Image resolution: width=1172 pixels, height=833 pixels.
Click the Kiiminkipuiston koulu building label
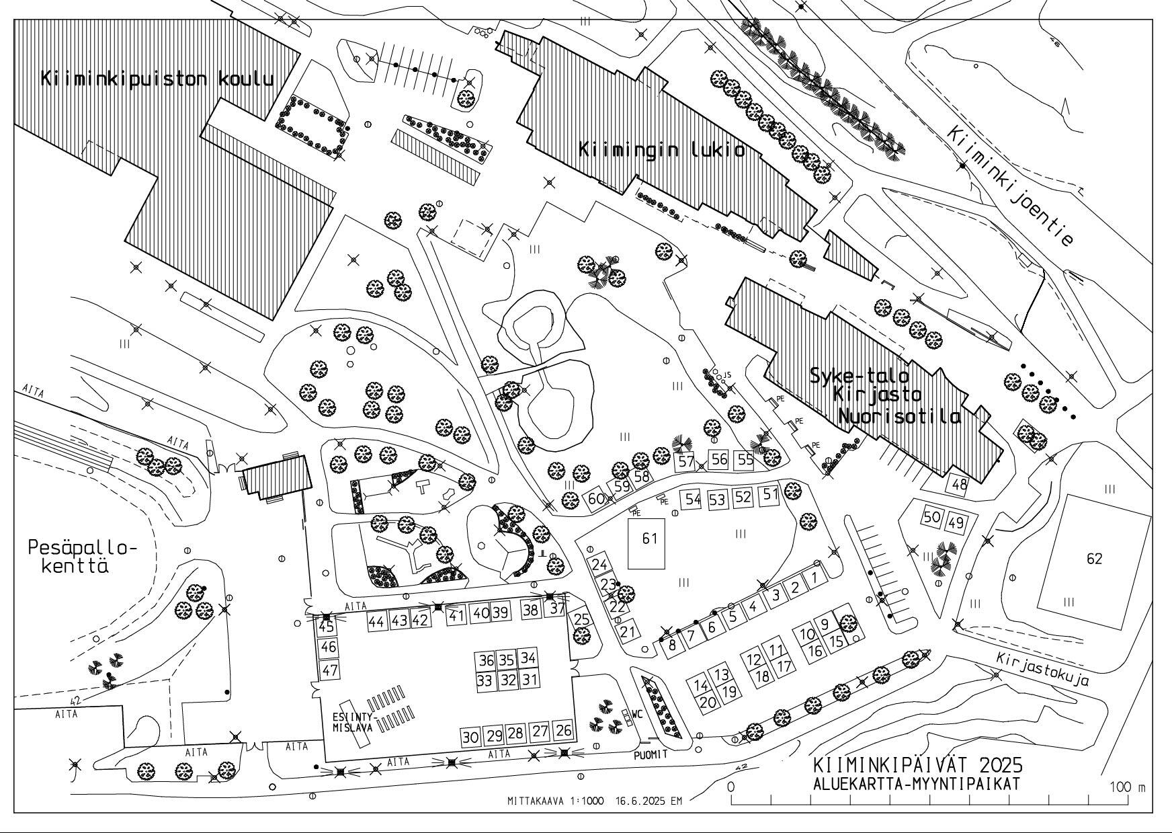coord(157,79)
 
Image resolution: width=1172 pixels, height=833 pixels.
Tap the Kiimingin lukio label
coord(662,149)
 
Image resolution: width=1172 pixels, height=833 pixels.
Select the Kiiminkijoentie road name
coord(1010,186)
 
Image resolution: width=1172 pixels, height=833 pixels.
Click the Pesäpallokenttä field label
coord(82,557)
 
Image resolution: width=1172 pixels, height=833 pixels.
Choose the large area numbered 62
coord(1094,559)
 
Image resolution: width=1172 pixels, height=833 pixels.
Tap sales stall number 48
coord(958,484)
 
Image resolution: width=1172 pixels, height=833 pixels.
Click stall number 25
coord(582,619)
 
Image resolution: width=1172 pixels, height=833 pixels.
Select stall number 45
coord(327,627)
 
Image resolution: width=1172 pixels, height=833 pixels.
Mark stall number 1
coord(815,577)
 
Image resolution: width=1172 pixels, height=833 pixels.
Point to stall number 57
coord(686,462)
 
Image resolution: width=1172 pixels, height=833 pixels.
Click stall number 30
coord(470,737)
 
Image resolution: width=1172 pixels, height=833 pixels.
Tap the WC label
coord(637,714)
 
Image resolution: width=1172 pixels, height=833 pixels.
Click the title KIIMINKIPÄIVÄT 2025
coord(917,765)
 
